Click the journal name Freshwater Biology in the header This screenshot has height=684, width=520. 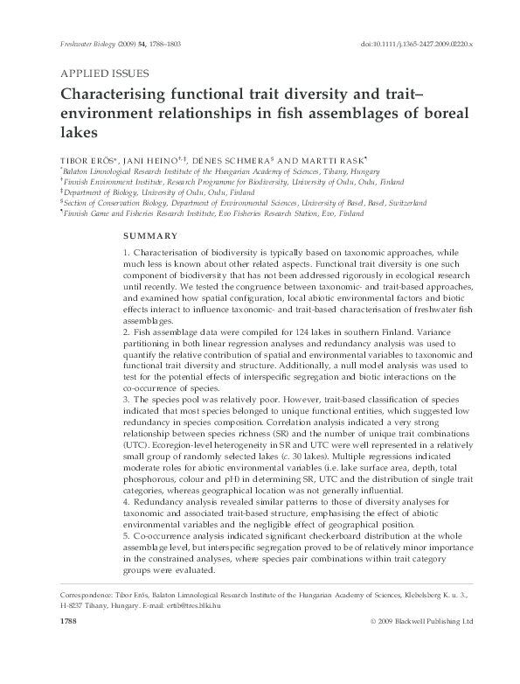[x=84, y=42]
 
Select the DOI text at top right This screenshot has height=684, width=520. [x=418, y=42]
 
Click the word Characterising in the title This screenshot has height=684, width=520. [x=118, y=94]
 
